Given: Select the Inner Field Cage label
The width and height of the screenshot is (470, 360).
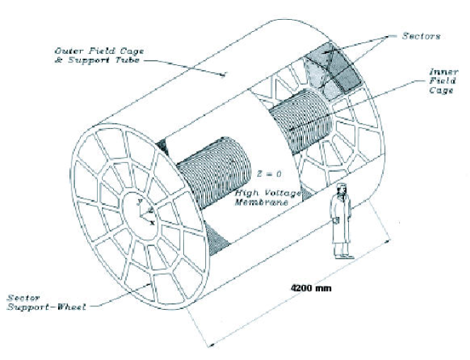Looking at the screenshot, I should point(434,83).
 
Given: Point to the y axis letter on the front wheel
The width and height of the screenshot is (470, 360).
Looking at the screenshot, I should point(140,202).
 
